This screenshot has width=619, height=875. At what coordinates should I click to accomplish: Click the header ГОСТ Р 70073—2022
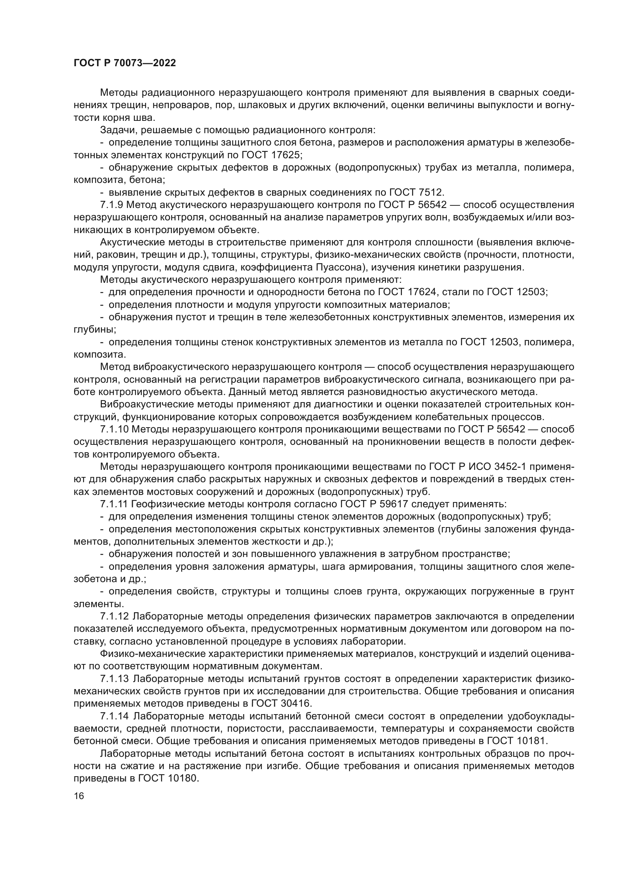(125, 63)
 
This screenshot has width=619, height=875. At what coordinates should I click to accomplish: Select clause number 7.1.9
(112, 205)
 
